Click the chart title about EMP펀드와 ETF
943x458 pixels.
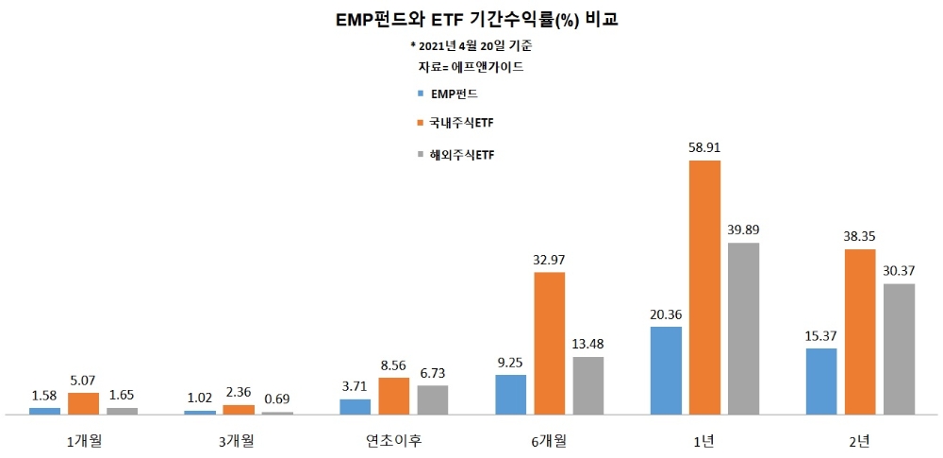(x=471, y=19)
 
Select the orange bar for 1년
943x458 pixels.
(x=704, y=287)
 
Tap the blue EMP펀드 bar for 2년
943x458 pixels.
(x=821, y=382)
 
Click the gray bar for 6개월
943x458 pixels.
(x=588, y=385)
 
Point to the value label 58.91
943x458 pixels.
(x=704, y=148)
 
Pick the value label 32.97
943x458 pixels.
(x=550, y=260)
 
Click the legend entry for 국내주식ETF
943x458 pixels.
(x=455, y=123)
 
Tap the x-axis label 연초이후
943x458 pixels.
(x=394, y=440)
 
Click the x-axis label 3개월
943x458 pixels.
(x=239, y=440)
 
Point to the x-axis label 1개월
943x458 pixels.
(x=84, y=440)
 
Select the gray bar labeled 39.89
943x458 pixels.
(x=744, y=329)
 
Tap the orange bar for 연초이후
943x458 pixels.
(x=394, y=396)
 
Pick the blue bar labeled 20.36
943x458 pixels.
(x=666, y=370)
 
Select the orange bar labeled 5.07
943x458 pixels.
(x=84, y=403)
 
